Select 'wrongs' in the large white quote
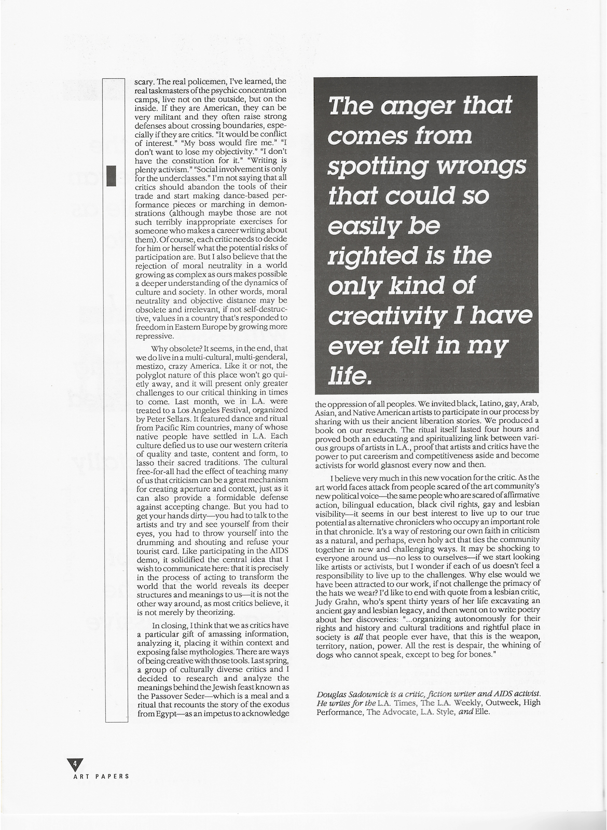482,166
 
